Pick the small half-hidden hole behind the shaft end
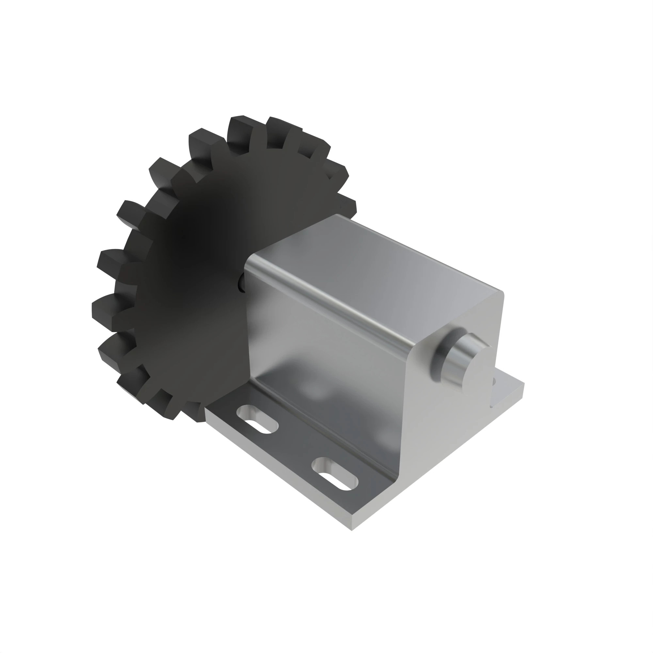tap(494, 381)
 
